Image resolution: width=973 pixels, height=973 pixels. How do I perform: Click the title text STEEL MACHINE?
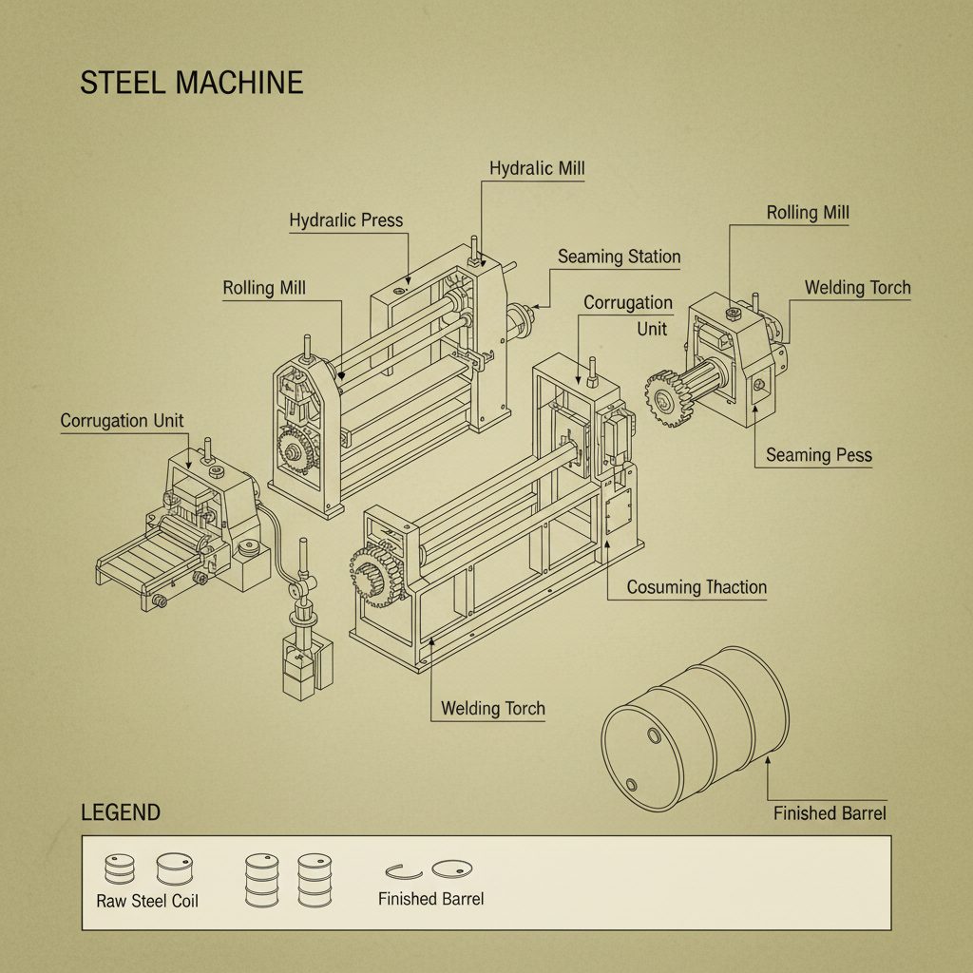tap(191, 82)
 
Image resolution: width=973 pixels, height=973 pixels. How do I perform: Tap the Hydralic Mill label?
tap(537, 169)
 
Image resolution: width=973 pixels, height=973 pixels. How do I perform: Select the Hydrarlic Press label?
tap(346, 220)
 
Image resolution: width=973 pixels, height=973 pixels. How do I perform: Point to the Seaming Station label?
tap(619, 257)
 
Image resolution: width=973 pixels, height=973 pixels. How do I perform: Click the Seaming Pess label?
tap(818, 455)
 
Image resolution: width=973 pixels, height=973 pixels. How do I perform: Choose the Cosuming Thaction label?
tap(696, 587)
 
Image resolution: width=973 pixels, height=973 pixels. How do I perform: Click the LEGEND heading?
tap(121, 813)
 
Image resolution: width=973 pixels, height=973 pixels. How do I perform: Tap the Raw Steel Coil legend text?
tap(147, 901)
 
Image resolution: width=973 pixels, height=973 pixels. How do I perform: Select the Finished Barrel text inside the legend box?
tap(430, 899)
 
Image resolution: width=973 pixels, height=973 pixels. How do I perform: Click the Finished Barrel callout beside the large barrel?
tap(830, 813)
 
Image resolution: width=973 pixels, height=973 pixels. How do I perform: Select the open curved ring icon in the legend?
tap(403, 869)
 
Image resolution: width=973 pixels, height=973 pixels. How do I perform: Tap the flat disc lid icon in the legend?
tap(452, 868)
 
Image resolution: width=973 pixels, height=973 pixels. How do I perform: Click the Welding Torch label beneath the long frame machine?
tap(493, 709)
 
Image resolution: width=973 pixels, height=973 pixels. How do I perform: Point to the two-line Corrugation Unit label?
tap(628, 315)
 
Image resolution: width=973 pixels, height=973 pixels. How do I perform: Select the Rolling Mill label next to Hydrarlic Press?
tap(264, 288)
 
